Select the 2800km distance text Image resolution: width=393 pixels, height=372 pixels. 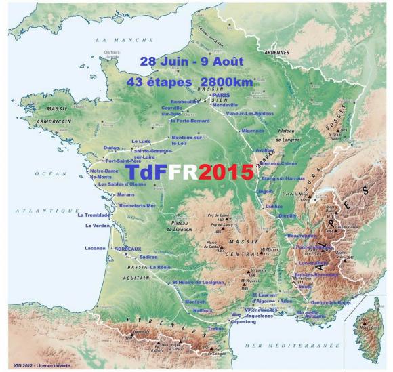(230, 81)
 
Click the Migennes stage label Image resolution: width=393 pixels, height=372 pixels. (252, 130)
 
